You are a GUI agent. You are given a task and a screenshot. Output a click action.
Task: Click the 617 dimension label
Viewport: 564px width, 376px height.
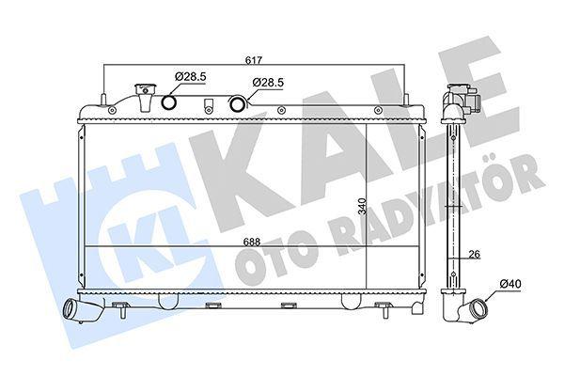pos(254,60)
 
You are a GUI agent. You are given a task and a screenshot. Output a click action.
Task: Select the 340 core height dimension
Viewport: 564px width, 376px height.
pos(362,206)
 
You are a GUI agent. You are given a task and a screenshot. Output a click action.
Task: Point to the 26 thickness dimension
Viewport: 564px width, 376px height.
pos(475,255)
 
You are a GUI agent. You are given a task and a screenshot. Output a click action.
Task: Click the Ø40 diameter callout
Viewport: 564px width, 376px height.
pos(510,284)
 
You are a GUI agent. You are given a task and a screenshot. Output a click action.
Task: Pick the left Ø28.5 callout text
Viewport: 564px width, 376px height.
pos(190,76)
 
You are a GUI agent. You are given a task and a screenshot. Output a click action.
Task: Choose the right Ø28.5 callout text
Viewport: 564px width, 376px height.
pos(268,83)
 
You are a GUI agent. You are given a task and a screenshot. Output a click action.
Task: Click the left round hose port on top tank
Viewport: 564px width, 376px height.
pos(168,102)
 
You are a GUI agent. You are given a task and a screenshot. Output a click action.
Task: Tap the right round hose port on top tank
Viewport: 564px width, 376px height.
pos(238,103)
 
